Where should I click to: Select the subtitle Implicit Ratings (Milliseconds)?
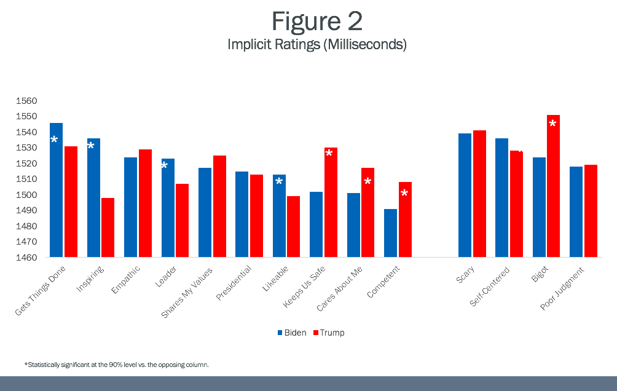point(316,45)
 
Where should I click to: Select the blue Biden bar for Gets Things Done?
point(56,190)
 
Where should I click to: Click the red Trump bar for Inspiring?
point(108,227)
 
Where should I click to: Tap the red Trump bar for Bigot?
point(553,186)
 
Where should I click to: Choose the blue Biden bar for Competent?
point(391,233)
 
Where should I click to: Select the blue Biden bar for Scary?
point(465,195)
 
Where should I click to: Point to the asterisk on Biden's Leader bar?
point(165,166)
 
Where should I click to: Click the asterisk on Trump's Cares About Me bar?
point(367,182)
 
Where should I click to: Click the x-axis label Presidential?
point(233,283)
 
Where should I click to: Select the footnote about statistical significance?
point(117,365)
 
